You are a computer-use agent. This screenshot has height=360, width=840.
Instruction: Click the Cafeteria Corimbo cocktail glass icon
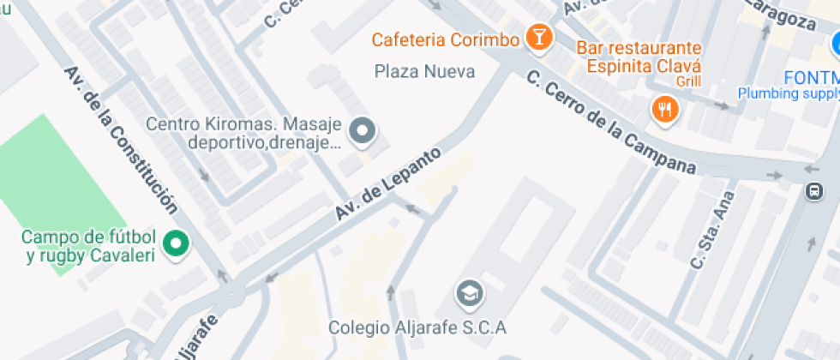click(x=539, y=38)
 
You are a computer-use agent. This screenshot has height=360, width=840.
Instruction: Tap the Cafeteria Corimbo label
click(x=446, y=39)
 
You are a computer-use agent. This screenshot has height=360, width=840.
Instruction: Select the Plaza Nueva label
click(x=425, y=71)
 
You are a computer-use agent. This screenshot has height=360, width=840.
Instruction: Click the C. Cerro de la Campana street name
click(x=610, y=121)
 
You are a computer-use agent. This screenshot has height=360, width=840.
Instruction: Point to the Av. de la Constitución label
click(x=121, y=140)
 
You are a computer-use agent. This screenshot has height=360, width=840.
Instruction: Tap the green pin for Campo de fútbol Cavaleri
click(x=177, y=244)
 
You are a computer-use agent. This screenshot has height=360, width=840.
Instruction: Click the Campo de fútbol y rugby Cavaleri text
click(x=88, y=246)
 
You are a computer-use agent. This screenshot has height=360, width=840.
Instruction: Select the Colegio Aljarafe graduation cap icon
click(x=469, y=294)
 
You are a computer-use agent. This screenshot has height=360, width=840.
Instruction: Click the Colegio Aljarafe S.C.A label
click(x=418, y=327)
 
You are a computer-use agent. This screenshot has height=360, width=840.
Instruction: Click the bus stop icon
click(x=813, y=193)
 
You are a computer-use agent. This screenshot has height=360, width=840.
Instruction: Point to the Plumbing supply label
click(x=789, y=93)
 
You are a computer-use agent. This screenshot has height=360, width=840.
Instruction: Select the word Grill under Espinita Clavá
click(x=688, y=82)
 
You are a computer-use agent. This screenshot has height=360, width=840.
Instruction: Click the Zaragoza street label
click(x=783, y=15)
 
